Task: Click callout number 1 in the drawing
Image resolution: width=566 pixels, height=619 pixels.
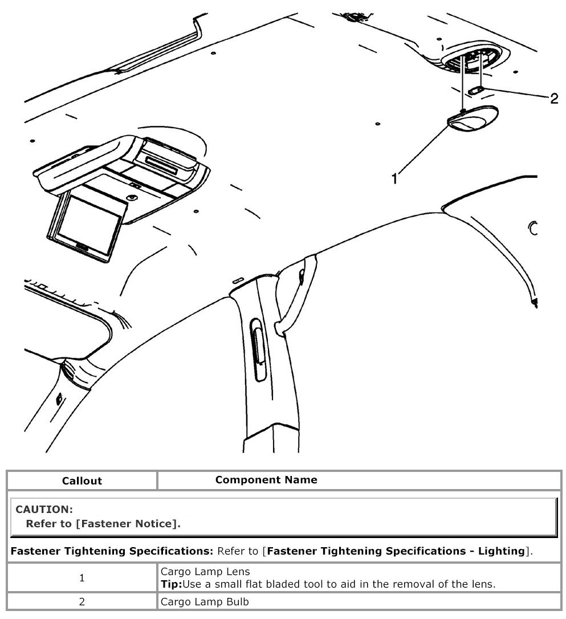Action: [394, 178]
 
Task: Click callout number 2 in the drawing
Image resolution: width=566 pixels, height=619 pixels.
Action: [553, 98]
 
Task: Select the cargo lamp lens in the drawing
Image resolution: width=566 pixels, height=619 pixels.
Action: [473, 119]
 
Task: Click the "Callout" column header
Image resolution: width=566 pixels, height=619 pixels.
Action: [82, 480]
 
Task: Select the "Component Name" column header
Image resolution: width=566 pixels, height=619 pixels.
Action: [266, 479]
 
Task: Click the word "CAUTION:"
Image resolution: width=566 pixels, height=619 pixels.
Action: [44, 509]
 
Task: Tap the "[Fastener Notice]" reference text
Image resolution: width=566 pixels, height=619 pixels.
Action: [128, 523]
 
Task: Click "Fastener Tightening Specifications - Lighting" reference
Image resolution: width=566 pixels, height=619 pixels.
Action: [395, 551]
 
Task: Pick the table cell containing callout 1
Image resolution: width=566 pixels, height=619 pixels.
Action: [82, 577]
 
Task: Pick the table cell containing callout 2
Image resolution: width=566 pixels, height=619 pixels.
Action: [82, 601]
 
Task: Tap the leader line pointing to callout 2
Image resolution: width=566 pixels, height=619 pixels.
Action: [516, 94]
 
